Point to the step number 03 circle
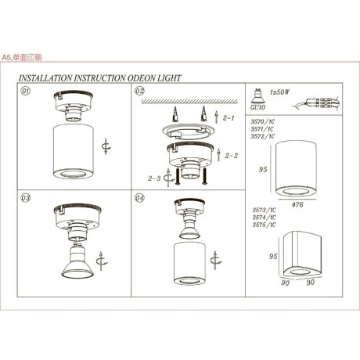click(x=25, y=199)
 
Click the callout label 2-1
click(x=229, y=120)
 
